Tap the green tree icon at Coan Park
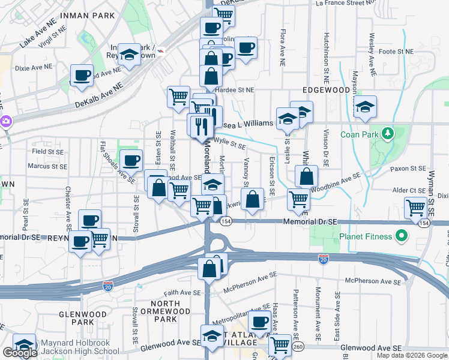coord(388,132)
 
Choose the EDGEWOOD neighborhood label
coord(326,89)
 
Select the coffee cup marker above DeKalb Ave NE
coord(82,76)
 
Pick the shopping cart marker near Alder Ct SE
coord(415,208)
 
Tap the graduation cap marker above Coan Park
coord(364,107)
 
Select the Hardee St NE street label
coord(235,90)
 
